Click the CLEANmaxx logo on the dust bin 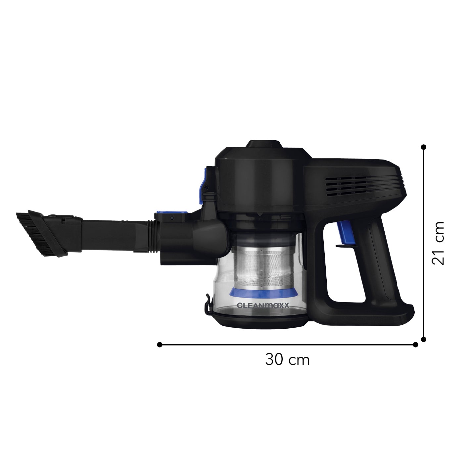pyautogui.click(x=263, y=305)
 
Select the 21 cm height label pyautogui.click(x=438, y=243)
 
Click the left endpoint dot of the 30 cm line pyautogui.click(x=160, y=345)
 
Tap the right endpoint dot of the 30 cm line pyautogui.click(x=415, y=345)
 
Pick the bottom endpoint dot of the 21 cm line pyautogui.click(x=424, y=339)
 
